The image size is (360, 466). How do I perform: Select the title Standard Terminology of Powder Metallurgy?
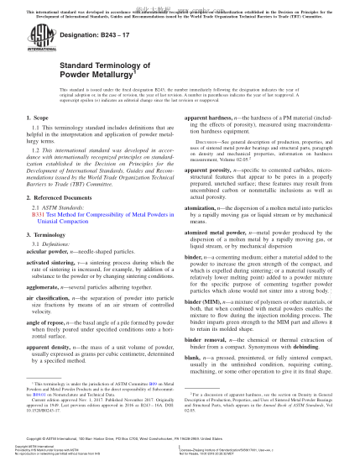coord(100,81)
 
